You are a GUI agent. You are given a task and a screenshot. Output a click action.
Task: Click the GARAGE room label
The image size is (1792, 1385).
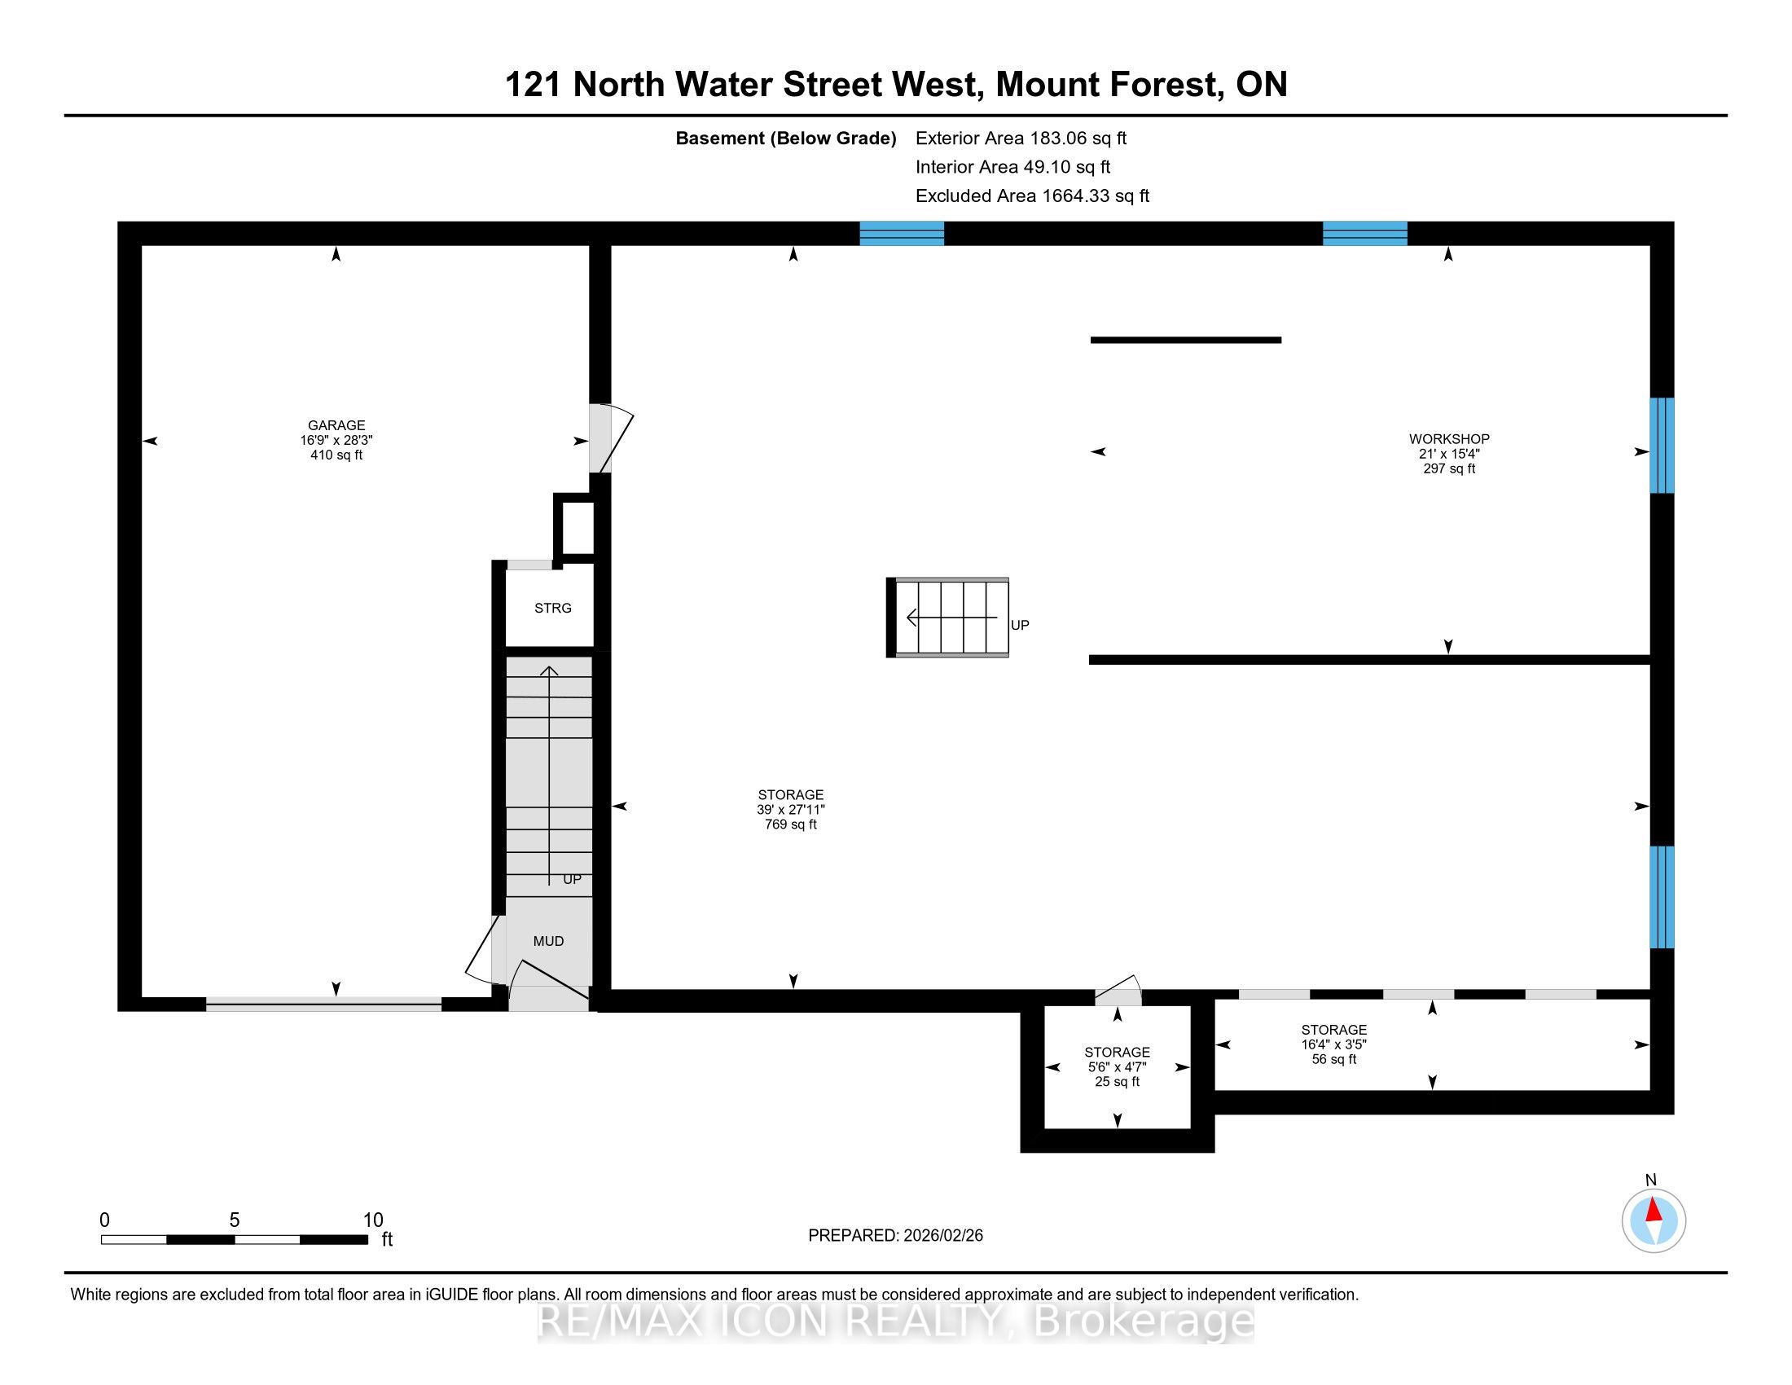[336, 425]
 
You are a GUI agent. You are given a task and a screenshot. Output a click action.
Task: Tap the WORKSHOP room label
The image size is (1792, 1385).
[1449, 439]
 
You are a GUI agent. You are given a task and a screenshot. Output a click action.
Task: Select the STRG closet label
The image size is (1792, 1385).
[552, 608]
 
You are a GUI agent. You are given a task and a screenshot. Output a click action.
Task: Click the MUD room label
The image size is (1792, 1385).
[548, 941]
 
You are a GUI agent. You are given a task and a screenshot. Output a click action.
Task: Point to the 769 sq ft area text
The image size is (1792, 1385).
[791, 824]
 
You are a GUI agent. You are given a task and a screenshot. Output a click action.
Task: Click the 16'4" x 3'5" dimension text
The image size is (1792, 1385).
[1333, 1044]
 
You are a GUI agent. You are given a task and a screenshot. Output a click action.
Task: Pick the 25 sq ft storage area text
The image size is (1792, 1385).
[1117, 1081]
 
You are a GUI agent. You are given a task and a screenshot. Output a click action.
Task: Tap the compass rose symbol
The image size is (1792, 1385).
[1654, 1221]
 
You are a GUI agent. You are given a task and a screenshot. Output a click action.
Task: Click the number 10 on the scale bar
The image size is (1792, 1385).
[373, 1220]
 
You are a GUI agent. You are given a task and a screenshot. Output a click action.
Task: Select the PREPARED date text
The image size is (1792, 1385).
[895, 1235]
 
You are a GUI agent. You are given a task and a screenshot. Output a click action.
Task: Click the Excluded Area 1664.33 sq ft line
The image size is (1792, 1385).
[1032, 196]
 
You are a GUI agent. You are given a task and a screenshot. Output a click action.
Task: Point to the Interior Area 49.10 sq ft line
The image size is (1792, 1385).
[1012, 166]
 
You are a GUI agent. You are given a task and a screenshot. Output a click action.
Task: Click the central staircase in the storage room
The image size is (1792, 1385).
[947, 618]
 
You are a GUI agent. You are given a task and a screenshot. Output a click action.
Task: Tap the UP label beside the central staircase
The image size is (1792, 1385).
[1020, 625]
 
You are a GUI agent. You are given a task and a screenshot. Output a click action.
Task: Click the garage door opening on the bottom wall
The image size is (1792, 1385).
[323, 1004]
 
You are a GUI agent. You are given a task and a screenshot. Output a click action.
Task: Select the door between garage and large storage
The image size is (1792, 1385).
[610, 438]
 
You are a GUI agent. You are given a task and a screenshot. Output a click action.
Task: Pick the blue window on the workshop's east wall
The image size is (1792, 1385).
[1662, 446]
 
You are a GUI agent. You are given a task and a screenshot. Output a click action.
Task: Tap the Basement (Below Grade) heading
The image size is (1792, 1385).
[785, 138]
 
